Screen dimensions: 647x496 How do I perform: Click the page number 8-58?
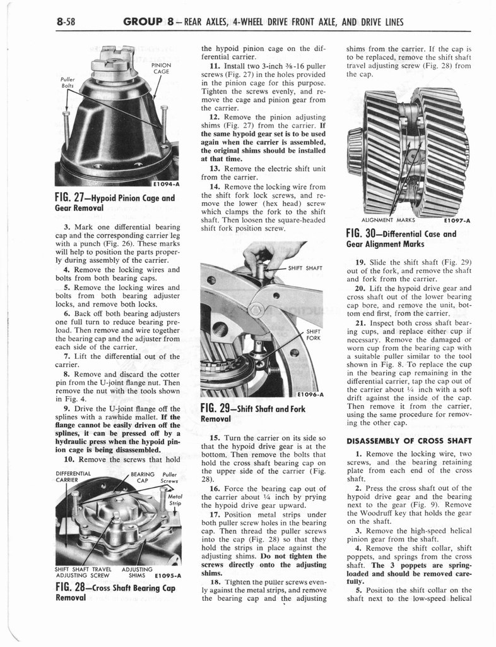click(64, 22)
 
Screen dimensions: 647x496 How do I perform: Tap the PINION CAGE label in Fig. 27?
click(161, 68)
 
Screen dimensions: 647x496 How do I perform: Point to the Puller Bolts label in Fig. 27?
click(68, 83)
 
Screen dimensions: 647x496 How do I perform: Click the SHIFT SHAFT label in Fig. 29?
click(305, 268)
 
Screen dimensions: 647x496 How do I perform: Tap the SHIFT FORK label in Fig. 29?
click(313, 334)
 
